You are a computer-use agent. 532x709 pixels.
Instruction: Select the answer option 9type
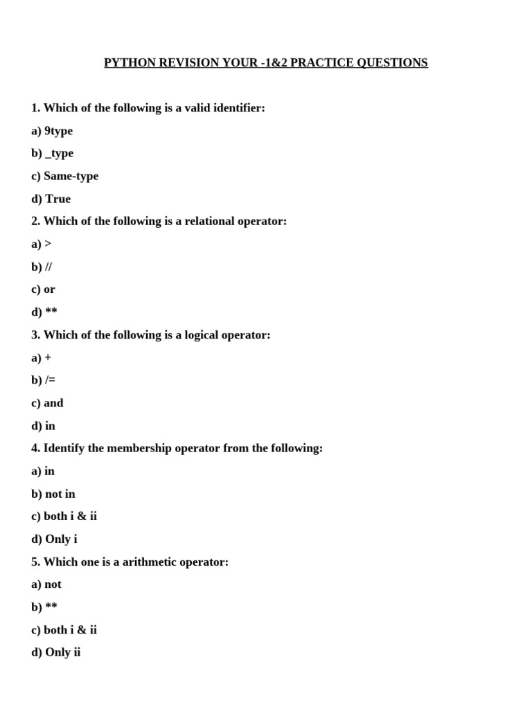click(x=58, y=131)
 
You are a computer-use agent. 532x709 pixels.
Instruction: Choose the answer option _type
click(x=59, y=154)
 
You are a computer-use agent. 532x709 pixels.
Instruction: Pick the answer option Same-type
click(x=71, y=177)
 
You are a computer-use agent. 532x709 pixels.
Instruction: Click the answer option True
click(x=57, y=199)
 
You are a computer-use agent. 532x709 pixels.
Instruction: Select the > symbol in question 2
click(x=48, y=244)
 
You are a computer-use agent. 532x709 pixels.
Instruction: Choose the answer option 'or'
click(x=49, y=289)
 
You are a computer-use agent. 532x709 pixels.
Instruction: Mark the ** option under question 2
click(x=51, y=312)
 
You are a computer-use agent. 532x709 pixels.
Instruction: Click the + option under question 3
click(x=48, y=358)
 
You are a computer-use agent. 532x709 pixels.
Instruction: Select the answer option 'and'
click(x=53, y=403)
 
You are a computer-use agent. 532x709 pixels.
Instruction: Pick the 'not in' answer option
click(x=60, y=494)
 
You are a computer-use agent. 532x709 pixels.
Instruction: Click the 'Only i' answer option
click(x=61, y=539)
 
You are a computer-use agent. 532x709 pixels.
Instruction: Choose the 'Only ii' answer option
click(x=63, y=653)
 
